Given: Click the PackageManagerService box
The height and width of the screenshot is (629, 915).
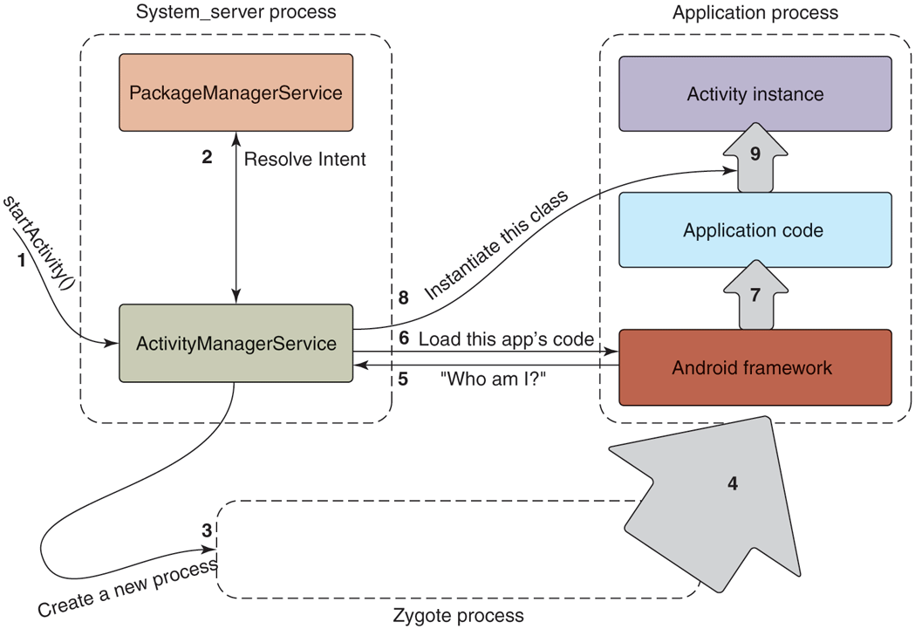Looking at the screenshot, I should coord(236,92).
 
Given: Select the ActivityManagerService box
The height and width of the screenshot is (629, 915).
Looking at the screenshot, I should coord(236,343).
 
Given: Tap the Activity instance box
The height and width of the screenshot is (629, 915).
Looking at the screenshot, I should coord(755,93).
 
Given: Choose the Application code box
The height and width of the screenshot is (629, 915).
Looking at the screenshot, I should coord(755,230).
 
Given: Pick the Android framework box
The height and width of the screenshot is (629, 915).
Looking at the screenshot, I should coord(755,367).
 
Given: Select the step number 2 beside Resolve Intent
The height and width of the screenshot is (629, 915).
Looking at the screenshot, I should coord(207,158).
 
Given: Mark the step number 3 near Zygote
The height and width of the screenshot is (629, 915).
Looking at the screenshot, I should coord(207,530).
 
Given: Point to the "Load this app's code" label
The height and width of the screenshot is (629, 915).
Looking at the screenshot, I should coord(507,338).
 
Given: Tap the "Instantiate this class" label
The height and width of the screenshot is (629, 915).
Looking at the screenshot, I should coord(495,246).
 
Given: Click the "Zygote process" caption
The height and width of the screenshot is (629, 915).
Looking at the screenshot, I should coord(459,616).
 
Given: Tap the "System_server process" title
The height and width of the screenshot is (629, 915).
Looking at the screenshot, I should coord(236,12).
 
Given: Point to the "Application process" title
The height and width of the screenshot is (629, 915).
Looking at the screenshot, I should coord(755,12).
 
